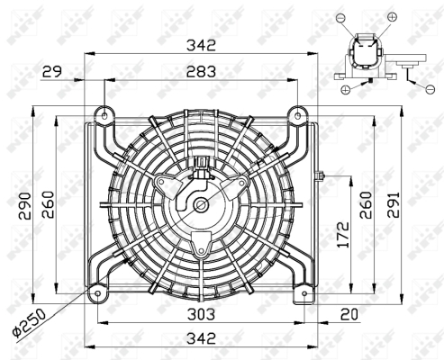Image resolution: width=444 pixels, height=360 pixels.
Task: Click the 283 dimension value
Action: pos(201,72)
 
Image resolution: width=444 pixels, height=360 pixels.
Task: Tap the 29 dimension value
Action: pos(52,72)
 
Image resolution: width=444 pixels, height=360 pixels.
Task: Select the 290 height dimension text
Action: pos(24,205)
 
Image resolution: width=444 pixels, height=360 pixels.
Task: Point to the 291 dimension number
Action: pos(394,204)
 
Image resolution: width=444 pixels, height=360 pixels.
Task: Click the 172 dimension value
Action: pos(343,235)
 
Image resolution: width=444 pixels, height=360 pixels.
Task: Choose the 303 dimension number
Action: pos(201,314)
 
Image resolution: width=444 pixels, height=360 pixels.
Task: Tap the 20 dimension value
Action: pos(349,314)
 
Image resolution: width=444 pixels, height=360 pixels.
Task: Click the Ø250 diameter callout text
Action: pos(30,321)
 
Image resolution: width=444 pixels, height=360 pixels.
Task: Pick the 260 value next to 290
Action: pos(48,204)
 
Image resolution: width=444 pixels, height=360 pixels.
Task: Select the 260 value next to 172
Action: pos(366,205)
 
